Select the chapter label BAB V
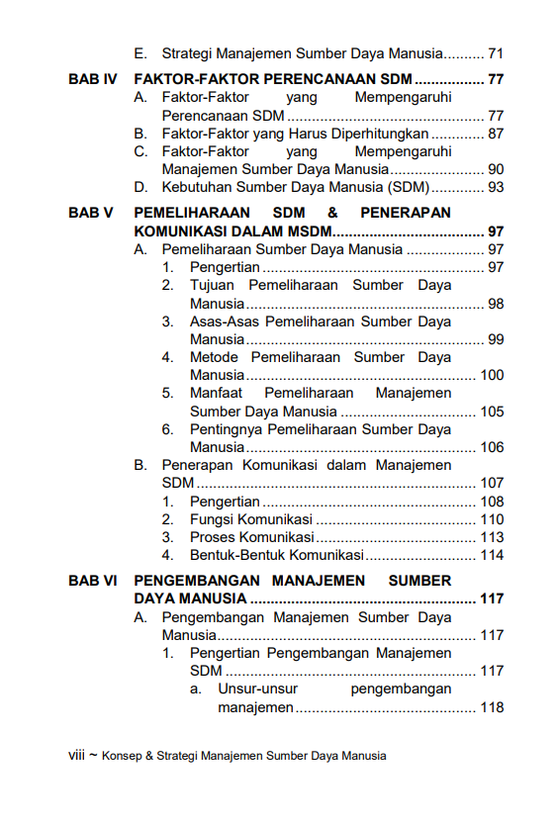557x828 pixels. coord(91,213)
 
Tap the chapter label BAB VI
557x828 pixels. coord(93,581)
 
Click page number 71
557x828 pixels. coord(496,52)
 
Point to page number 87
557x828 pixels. coord(496,134)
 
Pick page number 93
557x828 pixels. coord(496,187)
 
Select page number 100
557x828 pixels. coord(492,375)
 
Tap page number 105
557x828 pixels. coord(492,412)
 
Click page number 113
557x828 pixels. coord(492,537)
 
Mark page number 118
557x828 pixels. coord(492,707)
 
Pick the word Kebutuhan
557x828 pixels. coord(198,187)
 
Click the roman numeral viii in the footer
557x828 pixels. coord(76,755)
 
